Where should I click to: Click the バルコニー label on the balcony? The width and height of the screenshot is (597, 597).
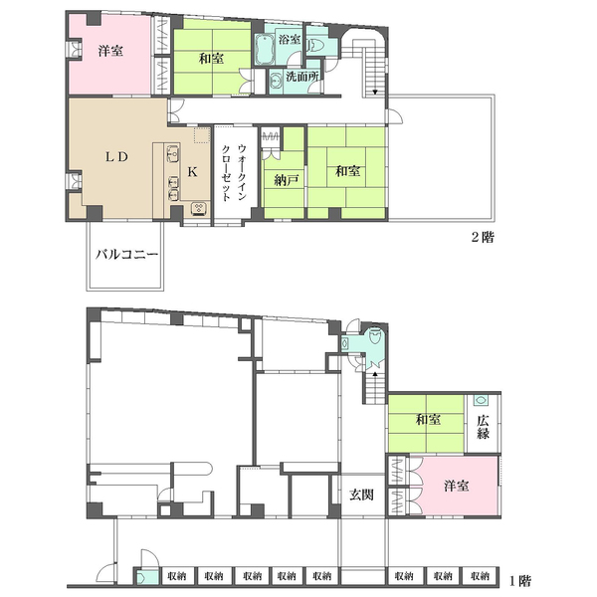[x=126, y=254]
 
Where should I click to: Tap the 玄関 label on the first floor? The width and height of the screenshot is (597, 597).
[x=361, y=495]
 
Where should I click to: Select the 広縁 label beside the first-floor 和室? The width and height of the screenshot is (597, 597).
[x=483, y=427]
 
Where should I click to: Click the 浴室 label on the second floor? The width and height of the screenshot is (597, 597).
[x=290, y=39]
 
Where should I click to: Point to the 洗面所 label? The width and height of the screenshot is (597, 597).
[x=302, y=77]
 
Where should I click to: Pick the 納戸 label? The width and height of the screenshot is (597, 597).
[x=286, y=180]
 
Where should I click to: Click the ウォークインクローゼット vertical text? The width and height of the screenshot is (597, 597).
[x=235, y=172]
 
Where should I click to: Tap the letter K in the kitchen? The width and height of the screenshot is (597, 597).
[x=192, y=172]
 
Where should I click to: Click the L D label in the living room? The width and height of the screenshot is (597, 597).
[x=116, y=157]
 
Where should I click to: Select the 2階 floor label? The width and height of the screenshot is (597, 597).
[x=483, y=237]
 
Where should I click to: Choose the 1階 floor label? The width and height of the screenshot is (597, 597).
[x=519, y=581]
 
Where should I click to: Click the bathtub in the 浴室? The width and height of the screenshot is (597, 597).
[x=262, y=50]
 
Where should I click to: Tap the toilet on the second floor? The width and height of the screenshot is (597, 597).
[x=314, y=46]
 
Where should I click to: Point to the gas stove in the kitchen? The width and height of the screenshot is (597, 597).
[x=199, y=208]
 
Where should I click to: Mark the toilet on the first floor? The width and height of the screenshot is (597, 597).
[x=374, y=335]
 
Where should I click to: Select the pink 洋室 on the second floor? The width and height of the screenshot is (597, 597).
[x=110, y=54]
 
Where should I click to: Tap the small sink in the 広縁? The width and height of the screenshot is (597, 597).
[x=481, y=401]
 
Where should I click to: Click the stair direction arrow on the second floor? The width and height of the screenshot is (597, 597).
[x=375, y=92]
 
